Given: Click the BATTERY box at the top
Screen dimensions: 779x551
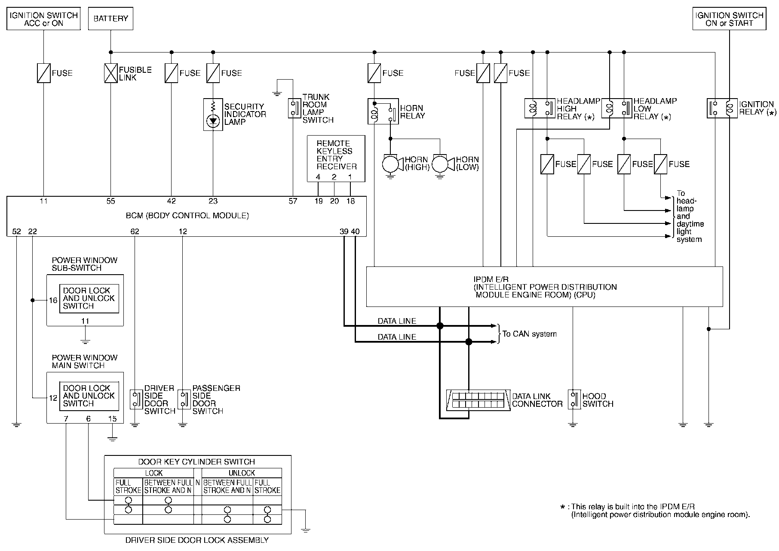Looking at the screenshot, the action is (x=110, y=19).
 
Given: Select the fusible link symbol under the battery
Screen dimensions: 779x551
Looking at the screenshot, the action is (x=111, y=73).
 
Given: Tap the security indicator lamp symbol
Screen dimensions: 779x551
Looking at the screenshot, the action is (x=213, y=115).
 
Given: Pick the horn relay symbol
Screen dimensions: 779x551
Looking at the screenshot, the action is (x=383, y=111).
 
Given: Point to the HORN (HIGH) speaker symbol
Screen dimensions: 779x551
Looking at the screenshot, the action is (x=392, y=164).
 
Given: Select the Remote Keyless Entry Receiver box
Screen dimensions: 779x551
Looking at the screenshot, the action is (x=336, y=158).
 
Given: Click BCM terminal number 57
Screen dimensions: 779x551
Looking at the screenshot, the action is (x=293, y=201).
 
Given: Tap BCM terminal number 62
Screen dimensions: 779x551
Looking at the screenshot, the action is (x=135, y=232).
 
